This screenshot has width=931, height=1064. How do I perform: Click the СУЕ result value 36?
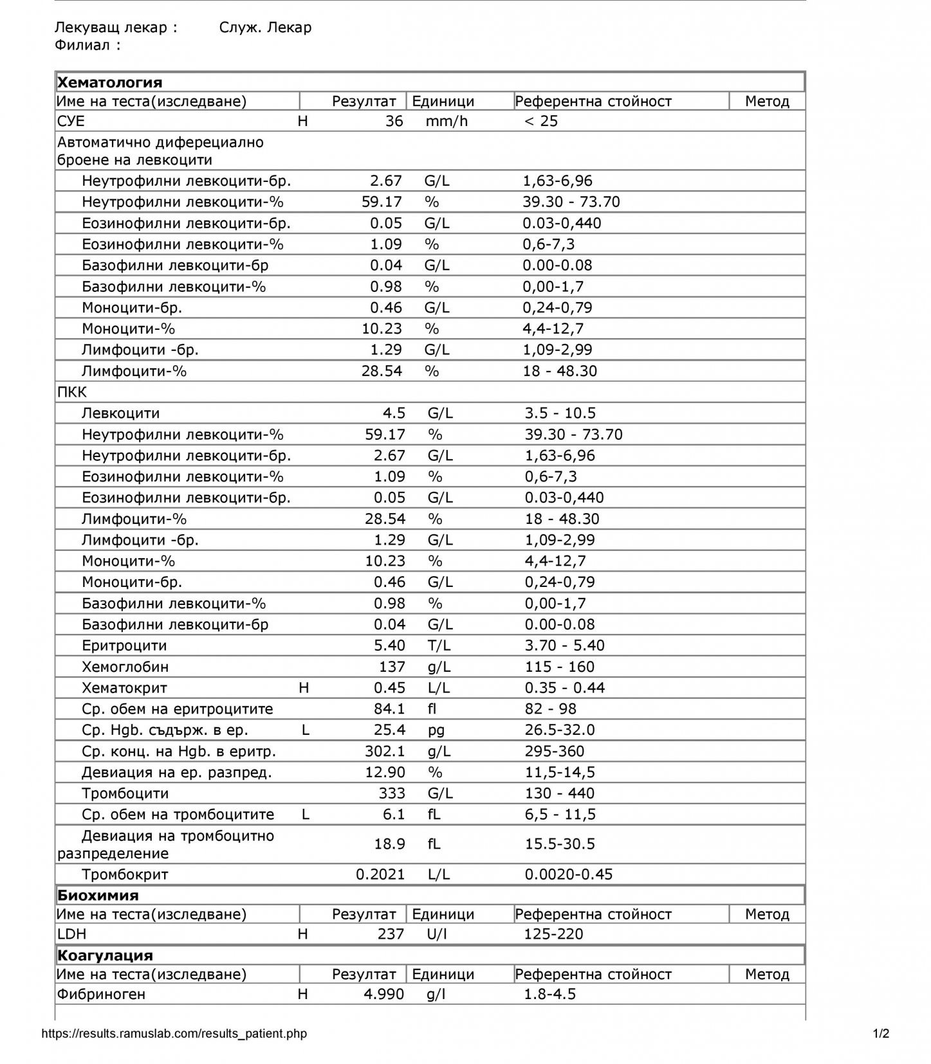pos(394,121)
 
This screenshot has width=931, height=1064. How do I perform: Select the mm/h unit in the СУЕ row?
pos(447,121)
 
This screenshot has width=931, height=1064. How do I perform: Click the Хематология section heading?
pos(109,82)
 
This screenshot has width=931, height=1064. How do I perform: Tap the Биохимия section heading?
pos(98,895)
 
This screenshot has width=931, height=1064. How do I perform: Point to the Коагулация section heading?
pos(105,955)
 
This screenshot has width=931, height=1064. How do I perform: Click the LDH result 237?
pos(391,933)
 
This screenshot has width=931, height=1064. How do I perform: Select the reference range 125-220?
pos(553,933)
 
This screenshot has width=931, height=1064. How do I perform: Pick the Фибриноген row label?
pos(101,994)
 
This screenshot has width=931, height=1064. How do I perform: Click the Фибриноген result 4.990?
pos(383,994)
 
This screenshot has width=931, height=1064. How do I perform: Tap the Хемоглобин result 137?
pos(392,667)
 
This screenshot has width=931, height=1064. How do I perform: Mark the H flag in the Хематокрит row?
pos(304,688)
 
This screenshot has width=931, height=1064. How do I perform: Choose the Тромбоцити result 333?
pos(392,793)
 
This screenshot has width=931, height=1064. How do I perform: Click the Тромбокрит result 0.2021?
pos(380,874)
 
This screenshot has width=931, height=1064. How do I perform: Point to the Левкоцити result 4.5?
pos(394,413)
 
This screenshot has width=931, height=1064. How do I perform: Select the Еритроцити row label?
pos(124,645)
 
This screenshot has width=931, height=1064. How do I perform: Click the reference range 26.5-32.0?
pos(560,730)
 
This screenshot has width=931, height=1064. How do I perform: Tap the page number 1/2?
pos(881,1034)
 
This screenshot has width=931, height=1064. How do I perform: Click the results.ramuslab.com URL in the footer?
pos(174,1034)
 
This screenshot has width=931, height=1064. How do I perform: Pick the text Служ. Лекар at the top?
pos(265,27)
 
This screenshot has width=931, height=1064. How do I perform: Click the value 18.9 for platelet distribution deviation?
pos(389,843)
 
